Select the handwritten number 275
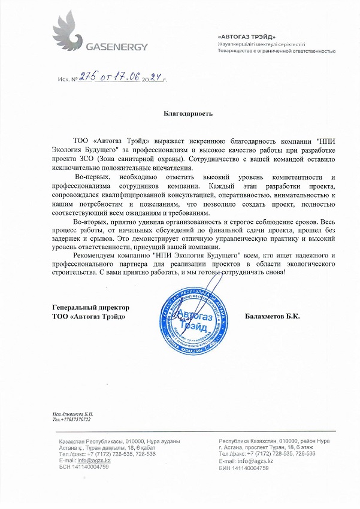coord(87,77)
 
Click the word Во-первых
coord(92,178)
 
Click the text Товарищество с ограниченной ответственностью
coord(276,51)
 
